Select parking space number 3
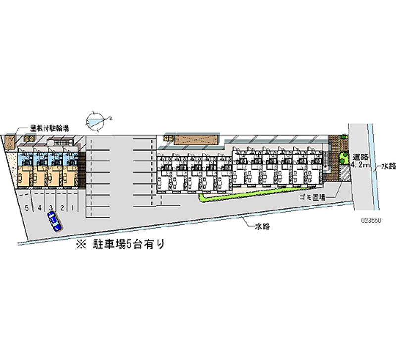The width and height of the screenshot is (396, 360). (51, 207)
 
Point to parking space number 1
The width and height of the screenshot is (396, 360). (73, 207)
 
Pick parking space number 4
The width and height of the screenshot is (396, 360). (39, 207)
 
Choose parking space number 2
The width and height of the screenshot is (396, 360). (62, 207)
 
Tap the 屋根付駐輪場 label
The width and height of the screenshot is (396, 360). (49, 128)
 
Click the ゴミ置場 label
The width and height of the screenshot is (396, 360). (312, 197)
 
